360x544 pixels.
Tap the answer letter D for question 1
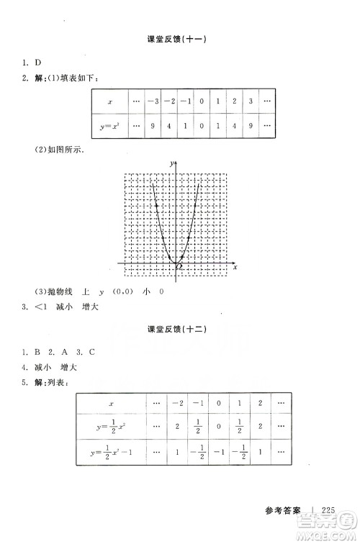(x=35, y=64)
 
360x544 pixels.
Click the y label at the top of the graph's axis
(x=171, y=165)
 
